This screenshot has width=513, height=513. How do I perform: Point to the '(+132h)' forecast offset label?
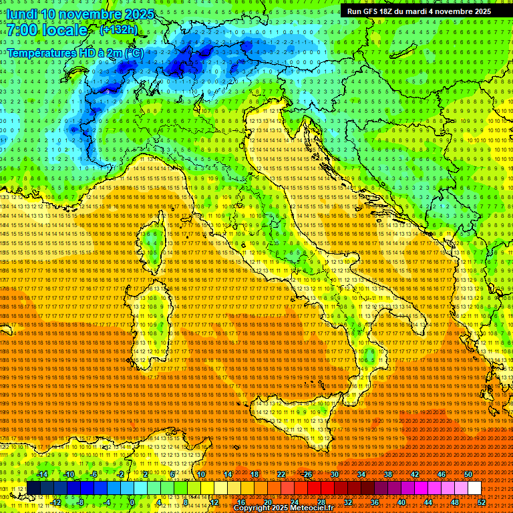tap(118, 29)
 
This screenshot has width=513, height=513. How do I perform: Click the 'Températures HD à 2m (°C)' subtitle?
tap(75, 52)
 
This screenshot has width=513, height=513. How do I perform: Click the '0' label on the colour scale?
tap(132, 502)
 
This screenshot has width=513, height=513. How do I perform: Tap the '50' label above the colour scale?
tap(468, 474)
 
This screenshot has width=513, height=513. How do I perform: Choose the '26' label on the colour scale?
tap(308, 474)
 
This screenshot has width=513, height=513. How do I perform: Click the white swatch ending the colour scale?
tap(474, 488)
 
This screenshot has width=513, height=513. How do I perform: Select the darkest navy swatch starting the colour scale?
tap(33, 488)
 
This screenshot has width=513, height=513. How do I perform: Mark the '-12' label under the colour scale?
tap(55, 502)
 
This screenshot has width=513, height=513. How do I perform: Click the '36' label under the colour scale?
tap(374, 502)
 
